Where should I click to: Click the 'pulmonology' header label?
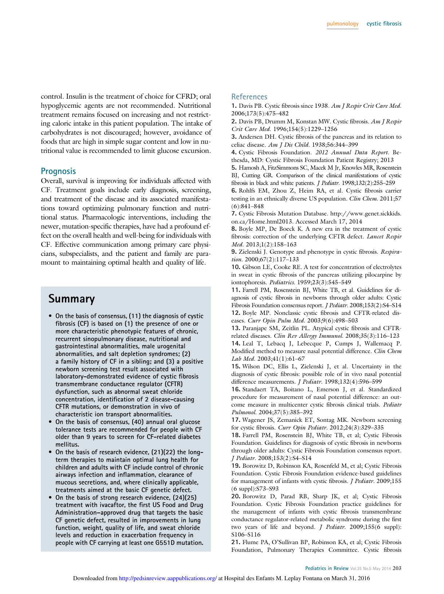coord(342,24)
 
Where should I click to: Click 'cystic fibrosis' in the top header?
coord(384,24)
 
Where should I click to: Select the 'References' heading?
coord(249,97)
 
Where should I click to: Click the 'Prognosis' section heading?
coord(58,171)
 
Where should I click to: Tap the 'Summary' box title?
coord(71,299)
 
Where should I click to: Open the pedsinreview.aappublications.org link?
coord(168,578)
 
